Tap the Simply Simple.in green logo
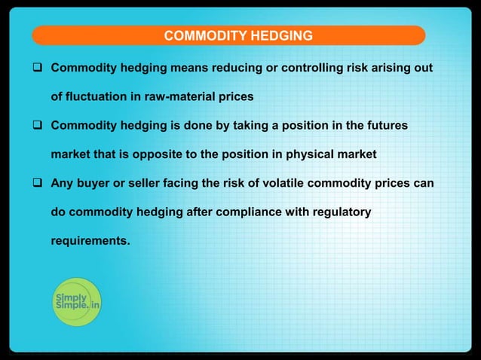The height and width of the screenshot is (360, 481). [76, 303]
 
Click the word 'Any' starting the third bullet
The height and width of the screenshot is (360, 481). [62, 183]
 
